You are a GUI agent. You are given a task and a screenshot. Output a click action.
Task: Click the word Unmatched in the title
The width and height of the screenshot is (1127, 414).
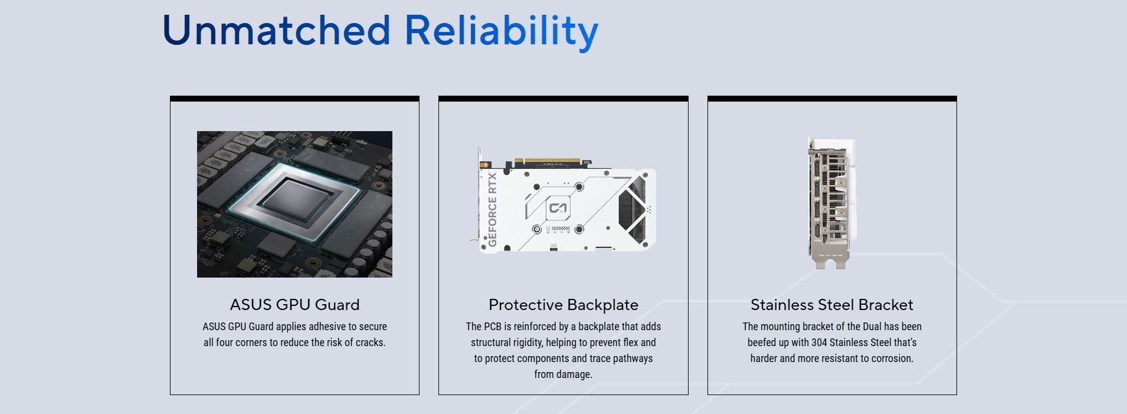276,30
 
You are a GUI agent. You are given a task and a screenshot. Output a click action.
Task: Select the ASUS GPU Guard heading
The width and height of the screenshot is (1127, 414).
294,305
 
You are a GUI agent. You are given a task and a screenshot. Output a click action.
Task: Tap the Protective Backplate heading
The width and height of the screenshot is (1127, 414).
563,305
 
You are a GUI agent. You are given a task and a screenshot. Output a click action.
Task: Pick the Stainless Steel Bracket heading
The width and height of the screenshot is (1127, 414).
832,305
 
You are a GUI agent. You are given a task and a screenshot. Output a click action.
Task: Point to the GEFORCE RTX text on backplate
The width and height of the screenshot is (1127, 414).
493,210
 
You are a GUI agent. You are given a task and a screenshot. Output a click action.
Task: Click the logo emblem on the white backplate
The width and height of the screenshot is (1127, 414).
558,208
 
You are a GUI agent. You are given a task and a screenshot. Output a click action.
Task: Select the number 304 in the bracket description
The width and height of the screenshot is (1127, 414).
819,343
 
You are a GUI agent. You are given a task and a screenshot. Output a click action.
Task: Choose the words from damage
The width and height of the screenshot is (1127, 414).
563,374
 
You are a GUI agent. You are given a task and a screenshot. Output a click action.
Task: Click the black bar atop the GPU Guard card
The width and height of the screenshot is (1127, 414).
294,99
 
